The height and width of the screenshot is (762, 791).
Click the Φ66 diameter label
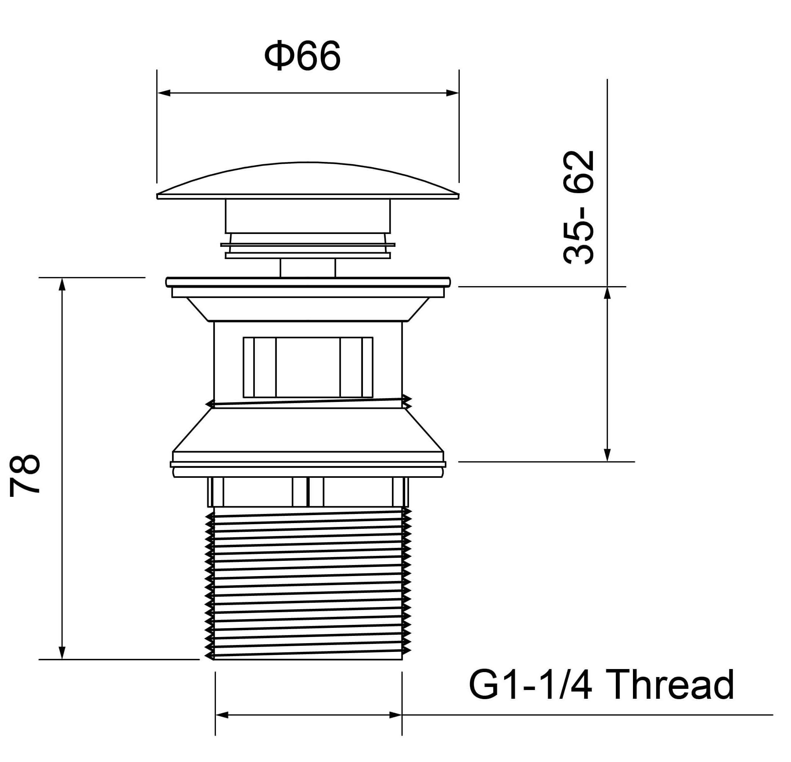point(302,56)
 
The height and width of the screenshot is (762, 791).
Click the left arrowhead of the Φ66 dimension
point(163,93)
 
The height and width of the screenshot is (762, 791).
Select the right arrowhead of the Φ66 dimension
point(452,93)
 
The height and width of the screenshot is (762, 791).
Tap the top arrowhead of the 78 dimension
point(62,284)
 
